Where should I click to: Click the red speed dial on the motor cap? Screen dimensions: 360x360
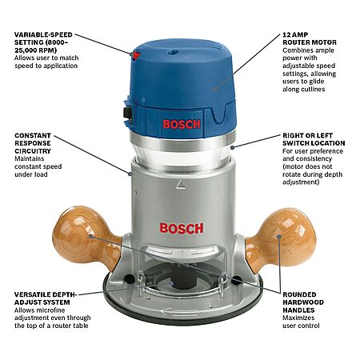137,56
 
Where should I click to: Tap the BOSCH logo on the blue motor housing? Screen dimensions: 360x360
182,124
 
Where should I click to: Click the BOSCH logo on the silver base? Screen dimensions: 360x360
182,229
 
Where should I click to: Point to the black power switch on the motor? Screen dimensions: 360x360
128,113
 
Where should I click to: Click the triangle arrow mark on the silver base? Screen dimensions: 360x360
181,184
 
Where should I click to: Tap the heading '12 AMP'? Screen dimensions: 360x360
295,34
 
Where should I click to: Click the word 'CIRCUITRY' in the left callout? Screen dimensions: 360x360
33,151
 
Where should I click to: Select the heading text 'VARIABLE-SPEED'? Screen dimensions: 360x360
43,34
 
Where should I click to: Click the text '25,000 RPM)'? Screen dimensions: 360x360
35,50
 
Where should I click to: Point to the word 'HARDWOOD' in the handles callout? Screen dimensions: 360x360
303,302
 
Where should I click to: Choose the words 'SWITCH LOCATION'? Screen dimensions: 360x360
314,143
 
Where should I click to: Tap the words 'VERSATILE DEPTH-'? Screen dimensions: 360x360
46,294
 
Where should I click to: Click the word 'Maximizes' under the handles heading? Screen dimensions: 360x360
298,318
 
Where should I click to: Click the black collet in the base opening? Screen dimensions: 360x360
184,280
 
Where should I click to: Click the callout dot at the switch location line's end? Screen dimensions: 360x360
233,147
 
